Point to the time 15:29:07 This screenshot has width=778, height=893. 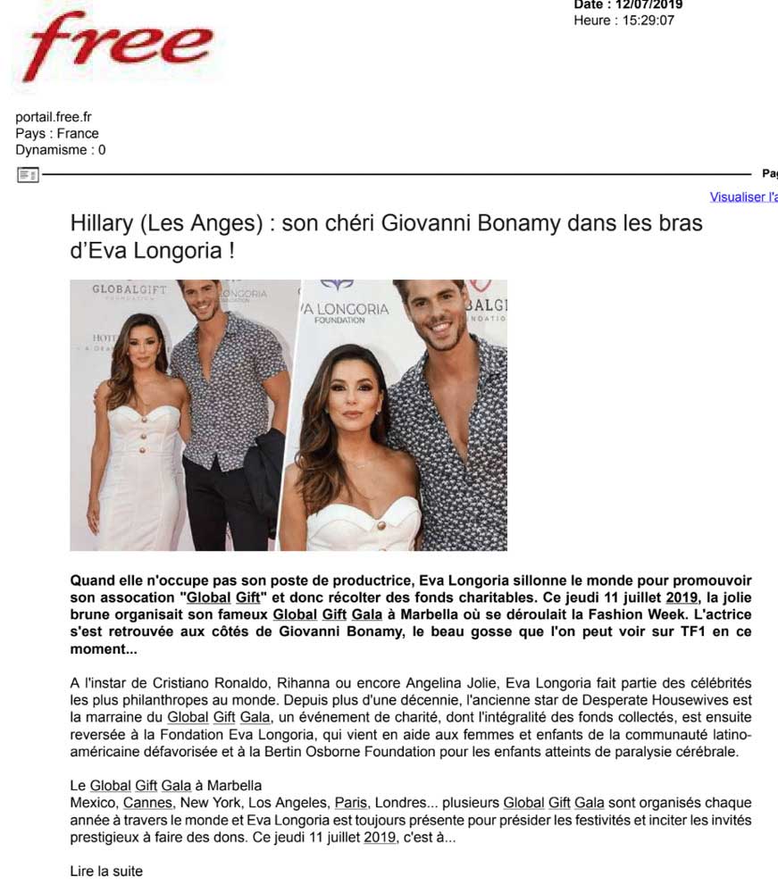click(x=644, y=21)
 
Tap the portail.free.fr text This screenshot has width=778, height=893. click(x=54, y=117)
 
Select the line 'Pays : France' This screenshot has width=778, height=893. click(x=57, y=134)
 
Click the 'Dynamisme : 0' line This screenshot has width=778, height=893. click(x=61, y=150)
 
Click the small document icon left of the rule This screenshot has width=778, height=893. click(x=28, y=175)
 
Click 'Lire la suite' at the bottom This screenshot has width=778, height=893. click(x=106, y=871)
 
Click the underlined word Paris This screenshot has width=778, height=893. click(x=351, y=803)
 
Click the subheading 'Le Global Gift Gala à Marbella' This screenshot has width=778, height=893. click(x=166, y=786)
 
